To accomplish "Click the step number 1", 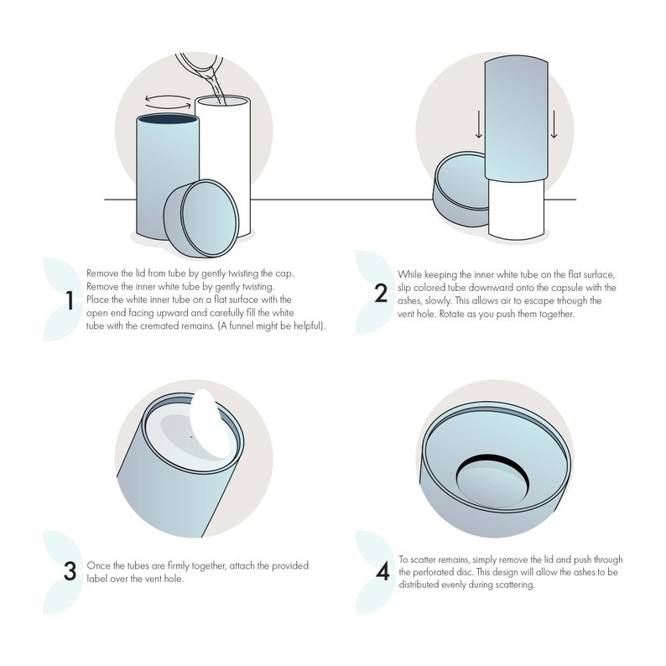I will click(70, 299).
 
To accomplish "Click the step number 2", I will click(382, 294).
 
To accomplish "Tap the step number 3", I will click(70, 570).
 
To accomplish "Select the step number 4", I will click(382, 572).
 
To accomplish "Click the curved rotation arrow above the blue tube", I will click(167, 101).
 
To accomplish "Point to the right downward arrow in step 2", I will click(554, 125).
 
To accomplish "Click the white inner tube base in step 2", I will click(517, 210).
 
